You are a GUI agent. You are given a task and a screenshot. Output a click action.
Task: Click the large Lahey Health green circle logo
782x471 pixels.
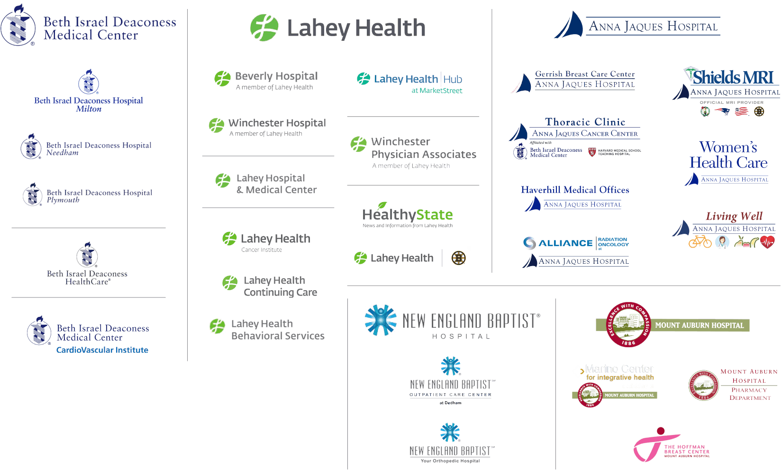[264, 27]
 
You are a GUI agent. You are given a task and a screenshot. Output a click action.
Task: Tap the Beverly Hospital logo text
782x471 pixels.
[276, 76]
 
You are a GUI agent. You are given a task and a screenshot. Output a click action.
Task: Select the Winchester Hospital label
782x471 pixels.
[277, 123]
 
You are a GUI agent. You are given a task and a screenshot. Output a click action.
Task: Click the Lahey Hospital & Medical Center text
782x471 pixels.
[276, 184]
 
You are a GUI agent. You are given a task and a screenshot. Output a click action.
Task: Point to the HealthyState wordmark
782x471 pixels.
[408, 215]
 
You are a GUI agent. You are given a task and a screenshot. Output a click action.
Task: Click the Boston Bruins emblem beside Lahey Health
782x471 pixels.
[458, 258]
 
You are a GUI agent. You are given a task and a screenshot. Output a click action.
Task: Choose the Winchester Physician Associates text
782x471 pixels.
[423, 148]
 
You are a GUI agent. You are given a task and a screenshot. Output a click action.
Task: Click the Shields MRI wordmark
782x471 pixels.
[733, 77]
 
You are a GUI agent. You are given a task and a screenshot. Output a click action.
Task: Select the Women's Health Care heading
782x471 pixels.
[728, 155]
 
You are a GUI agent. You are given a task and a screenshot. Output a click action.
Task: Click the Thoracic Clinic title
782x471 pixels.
[585, 122]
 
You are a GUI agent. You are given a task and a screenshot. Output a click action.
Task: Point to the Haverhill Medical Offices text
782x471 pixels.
[575, 190]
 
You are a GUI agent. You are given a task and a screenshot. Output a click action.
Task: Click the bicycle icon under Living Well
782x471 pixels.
[700, 242]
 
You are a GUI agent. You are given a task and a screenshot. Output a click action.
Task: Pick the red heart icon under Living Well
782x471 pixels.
[767, 242]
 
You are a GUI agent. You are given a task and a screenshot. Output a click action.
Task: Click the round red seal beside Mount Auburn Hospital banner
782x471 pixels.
[628, 324]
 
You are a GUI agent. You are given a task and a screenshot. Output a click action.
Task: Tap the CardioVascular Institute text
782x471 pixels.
[102, 350]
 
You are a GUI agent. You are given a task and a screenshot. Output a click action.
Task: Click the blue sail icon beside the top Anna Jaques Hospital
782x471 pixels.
[569, 26]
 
